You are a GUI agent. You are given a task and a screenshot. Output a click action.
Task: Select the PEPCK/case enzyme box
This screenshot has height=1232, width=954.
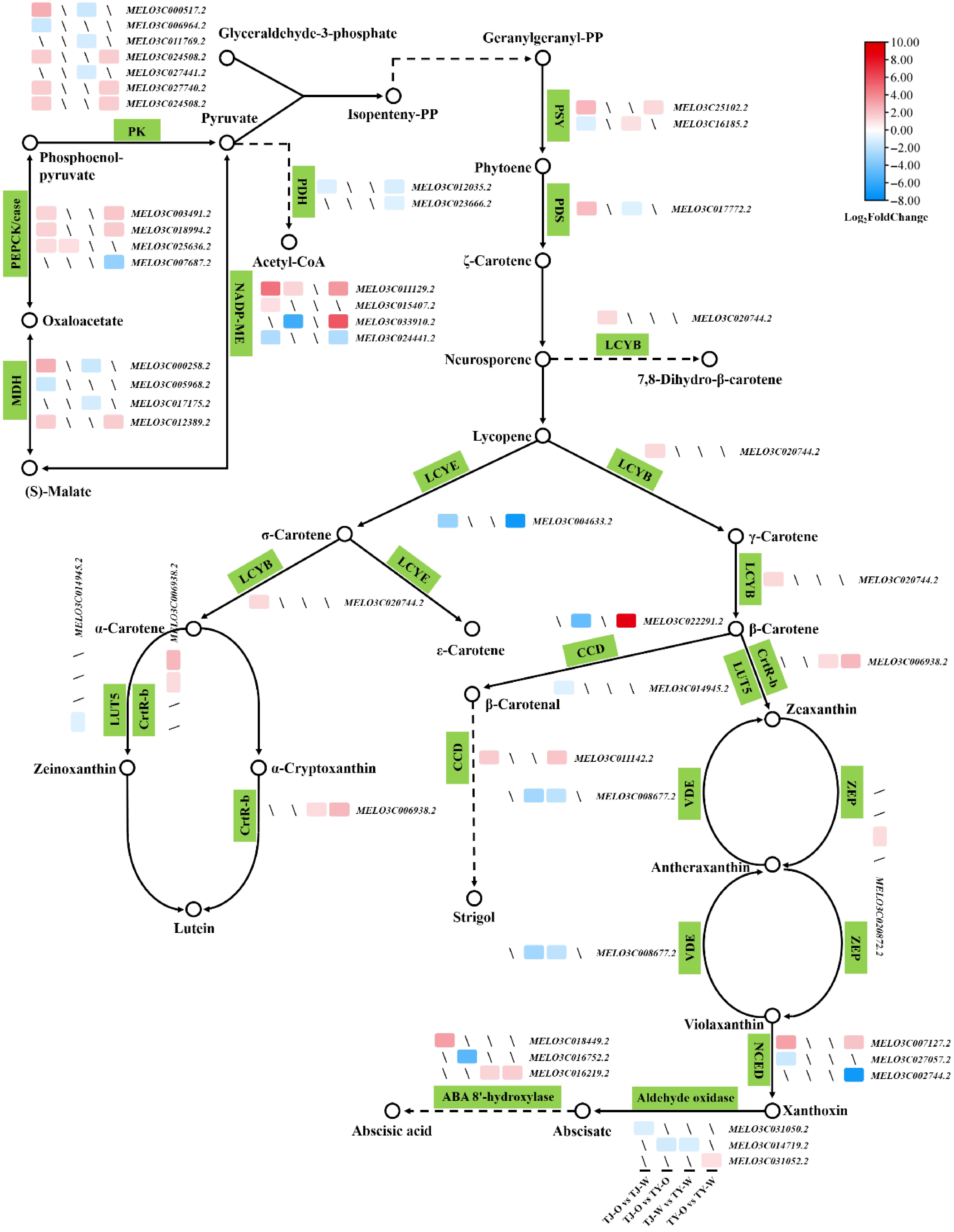click(15, 234)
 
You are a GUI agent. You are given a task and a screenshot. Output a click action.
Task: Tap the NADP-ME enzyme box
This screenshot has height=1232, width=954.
click(240, 313)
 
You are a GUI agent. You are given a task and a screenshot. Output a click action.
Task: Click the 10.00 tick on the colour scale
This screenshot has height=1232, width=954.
click(905, 42)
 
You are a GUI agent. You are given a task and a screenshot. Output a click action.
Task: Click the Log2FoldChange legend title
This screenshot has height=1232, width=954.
click(886, 217)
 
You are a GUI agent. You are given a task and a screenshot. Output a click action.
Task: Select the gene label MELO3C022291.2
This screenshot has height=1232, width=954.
click(683, 621)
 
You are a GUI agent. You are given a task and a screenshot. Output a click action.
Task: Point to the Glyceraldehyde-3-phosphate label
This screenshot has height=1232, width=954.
click(307, 33)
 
